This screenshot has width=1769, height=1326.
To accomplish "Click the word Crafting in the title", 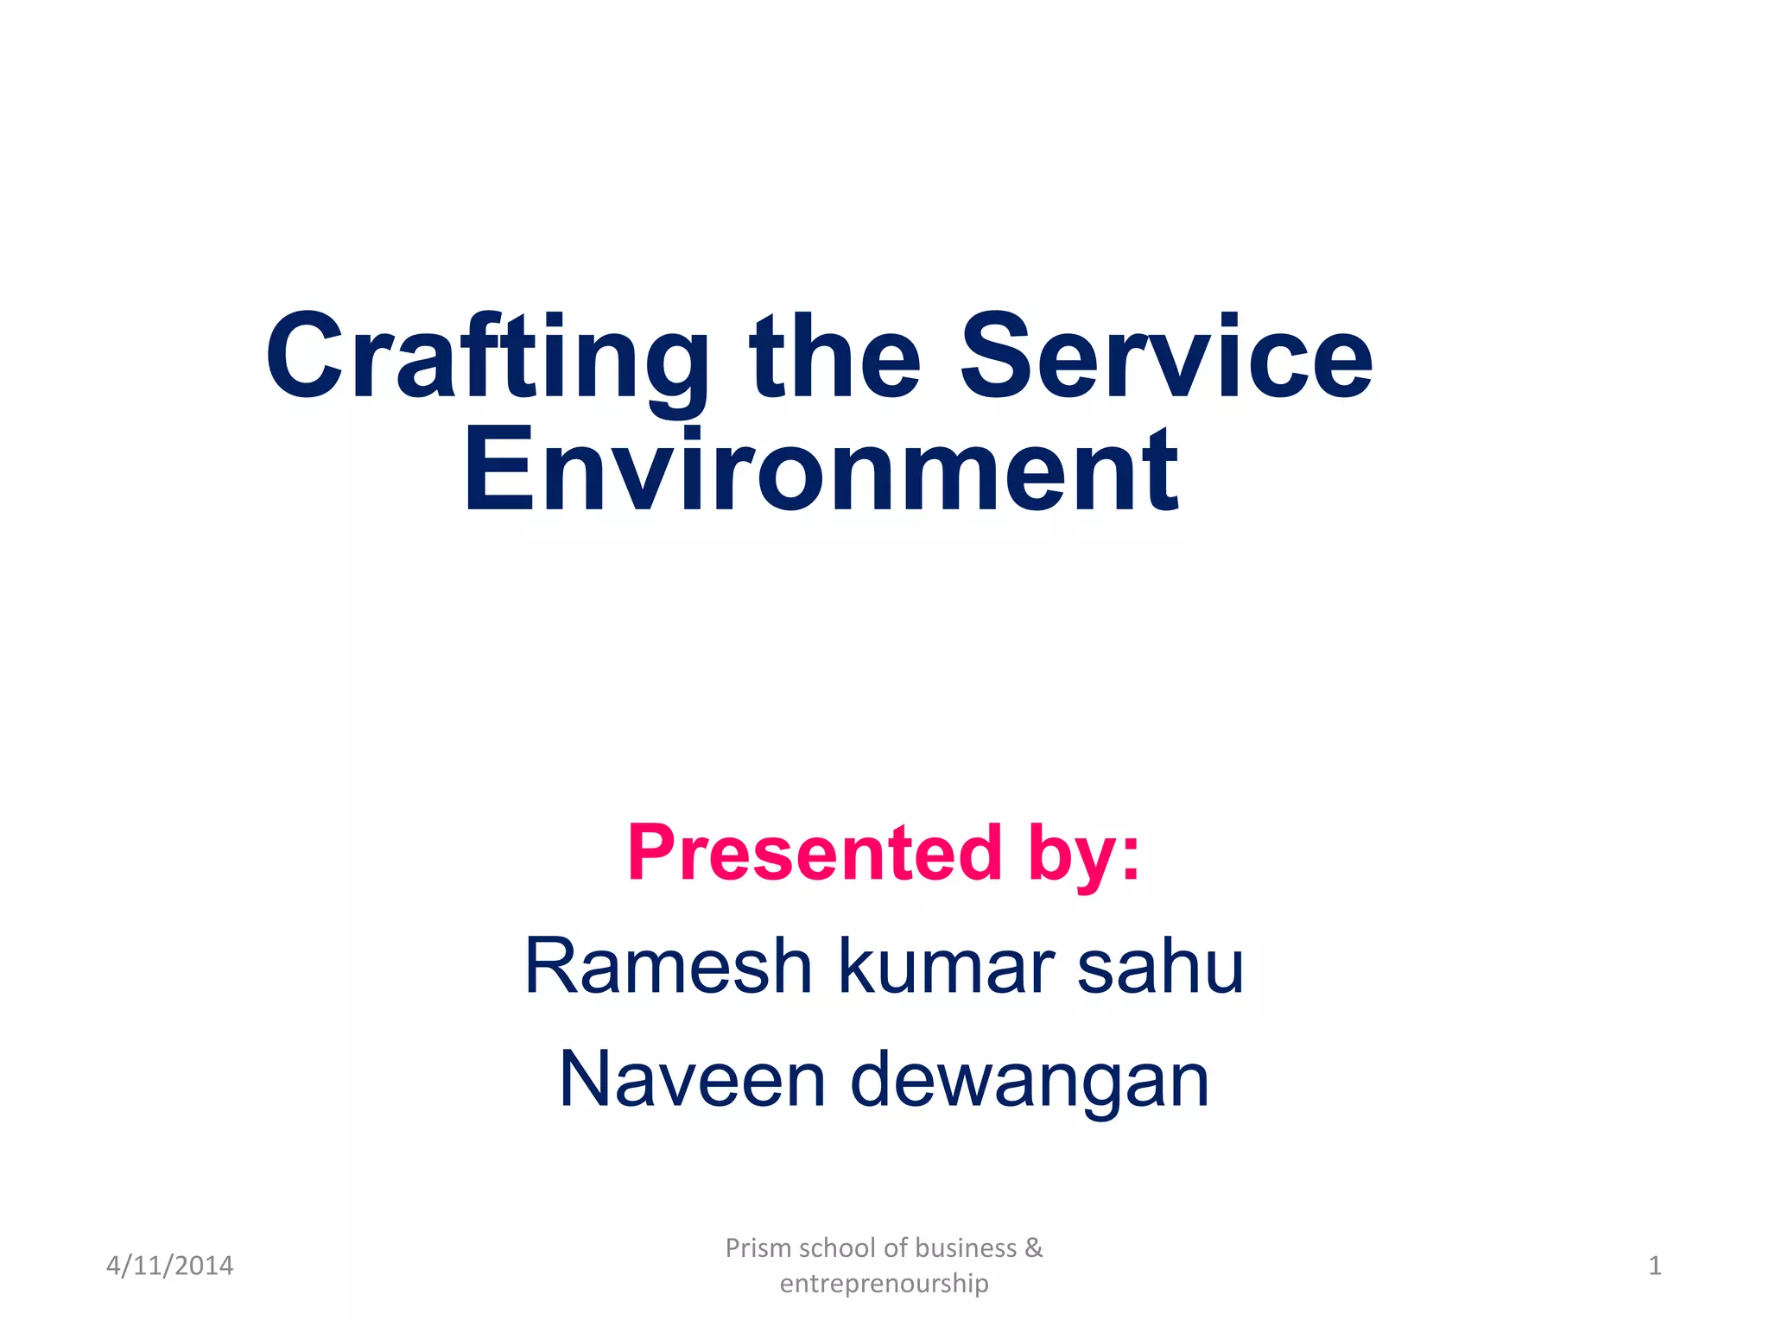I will [486, 358].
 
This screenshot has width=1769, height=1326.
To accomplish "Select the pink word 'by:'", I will [1084, 855].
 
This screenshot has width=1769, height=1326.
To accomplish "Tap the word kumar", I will [946, 966].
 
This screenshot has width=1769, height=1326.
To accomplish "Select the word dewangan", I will [1029, 1081].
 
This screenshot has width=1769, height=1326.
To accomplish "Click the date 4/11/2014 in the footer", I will [169, 1266].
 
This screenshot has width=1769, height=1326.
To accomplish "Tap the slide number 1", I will [1654, 1266].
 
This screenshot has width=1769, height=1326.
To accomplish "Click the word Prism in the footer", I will [758, 1248].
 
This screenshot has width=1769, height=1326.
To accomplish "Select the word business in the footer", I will [966, 1248].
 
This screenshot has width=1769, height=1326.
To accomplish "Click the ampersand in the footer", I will [1034, 1248].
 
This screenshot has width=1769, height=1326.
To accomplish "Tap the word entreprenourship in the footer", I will [884, 1284].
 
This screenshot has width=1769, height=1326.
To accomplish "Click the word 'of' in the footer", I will [896, 1248].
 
